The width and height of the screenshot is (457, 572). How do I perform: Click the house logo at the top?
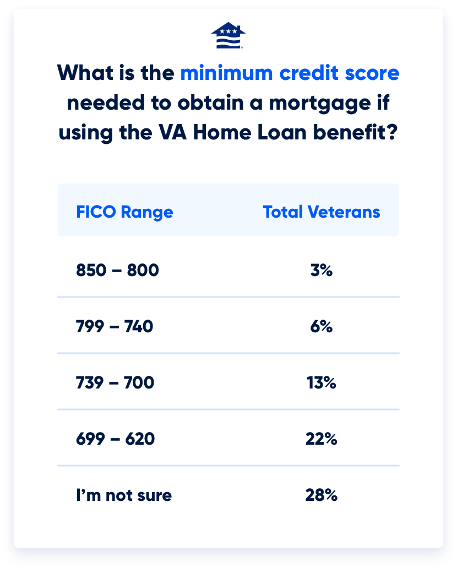228,35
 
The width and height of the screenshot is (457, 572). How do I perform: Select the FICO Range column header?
124,212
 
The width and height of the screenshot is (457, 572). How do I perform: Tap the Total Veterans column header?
322,212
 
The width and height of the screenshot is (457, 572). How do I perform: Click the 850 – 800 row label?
117,271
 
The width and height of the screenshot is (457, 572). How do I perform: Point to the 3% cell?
322,271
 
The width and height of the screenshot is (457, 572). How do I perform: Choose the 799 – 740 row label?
115,327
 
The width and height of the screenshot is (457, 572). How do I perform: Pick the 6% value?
322,327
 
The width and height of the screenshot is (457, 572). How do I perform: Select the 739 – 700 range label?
115,382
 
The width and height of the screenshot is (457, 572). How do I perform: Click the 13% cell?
322,382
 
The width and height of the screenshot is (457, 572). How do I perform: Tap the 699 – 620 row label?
115,439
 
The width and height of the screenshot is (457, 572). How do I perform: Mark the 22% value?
322,439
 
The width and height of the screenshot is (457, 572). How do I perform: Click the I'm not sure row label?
124,495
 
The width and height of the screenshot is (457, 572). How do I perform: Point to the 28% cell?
322,495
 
